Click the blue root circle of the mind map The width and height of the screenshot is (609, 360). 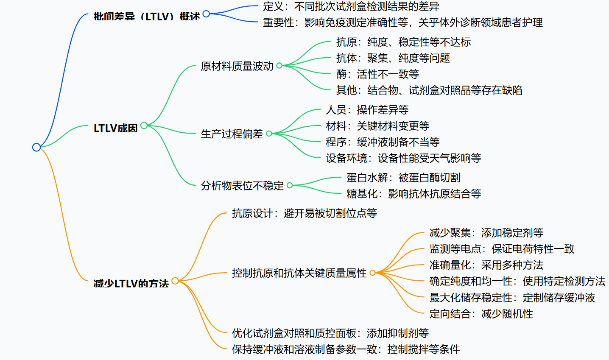pyautogui.click(x=36, y=147)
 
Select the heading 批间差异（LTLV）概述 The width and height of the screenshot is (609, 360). pyautogui.click(x=146, y=17)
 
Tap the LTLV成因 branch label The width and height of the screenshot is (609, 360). pyautogui.click(x=115, y=128)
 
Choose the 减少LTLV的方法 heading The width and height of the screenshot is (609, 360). pyautogui.click(x=131, y=283)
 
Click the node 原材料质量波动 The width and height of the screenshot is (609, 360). pyautogui.click(x=237, y=66)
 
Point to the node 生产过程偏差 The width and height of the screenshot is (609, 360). pyautogui.click(x=232, y=134)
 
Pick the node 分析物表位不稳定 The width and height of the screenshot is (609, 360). pyautogui.click(x=242, y=185)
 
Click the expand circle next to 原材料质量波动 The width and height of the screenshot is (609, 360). pyautogui.click(x=279, y=65)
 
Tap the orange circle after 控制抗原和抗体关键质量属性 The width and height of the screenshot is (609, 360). pyautogui.click(x=372, y=273)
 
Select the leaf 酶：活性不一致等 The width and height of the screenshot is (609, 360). pyautogui.click(x=377, y=74)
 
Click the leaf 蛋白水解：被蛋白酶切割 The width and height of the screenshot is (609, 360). pyautogui.click(x=403, y=178)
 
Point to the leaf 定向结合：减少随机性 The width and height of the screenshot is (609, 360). pyautogui.click(x=481, y=314)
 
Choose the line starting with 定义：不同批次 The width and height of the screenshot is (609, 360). pyautogui.click(x=351, y=6)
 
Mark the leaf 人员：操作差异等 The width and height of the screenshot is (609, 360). pyautogui.click(x=367, y=110)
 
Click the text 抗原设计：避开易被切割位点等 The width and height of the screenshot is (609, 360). pyautogui.click(x=304, y=213)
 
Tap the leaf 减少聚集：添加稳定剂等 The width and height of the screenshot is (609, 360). pyautogui.click(x=486, y=233)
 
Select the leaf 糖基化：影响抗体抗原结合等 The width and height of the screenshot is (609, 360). pyautogui.click(x=413, y=194)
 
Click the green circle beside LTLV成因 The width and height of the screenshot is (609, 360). pyautogui.click(x=144, y=126)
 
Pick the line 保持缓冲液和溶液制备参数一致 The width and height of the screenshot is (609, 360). pyautogui.click(x=346, y=349)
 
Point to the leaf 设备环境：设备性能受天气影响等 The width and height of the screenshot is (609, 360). pyautogui.click(x=403, y=158)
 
